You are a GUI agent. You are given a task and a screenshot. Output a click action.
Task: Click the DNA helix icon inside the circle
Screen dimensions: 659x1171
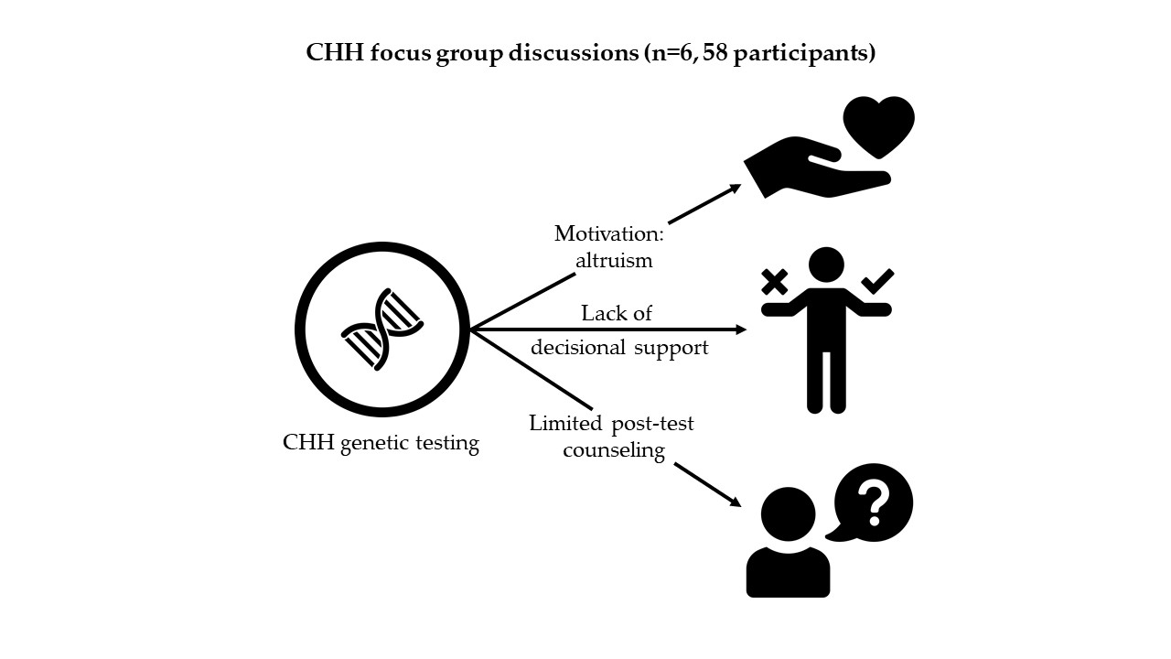(381, 329)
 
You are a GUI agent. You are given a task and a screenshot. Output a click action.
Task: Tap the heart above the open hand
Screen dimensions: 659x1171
(878, 125)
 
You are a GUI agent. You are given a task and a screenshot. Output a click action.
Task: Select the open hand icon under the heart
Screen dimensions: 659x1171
(805, 172)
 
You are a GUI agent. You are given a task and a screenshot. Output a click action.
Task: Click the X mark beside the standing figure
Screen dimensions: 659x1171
(774, 281)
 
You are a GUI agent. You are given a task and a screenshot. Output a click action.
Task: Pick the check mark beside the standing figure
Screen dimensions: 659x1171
(878, 281)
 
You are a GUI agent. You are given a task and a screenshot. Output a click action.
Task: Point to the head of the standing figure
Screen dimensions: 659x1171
(826, 265)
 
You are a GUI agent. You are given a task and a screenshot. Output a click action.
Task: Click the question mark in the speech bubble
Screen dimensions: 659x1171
(875, 502)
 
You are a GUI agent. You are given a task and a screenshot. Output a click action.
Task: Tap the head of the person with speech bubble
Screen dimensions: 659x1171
(788, 513)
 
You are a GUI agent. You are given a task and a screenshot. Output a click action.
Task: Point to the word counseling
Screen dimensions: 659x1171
(613, 450)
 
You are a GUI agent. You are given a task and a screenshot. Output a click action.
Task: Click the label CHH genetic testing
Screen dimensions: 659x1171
(381, 444)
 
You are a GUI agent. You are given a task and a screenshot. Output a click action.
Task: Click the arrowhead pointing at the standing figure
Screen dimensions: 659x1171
(741, 329)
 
